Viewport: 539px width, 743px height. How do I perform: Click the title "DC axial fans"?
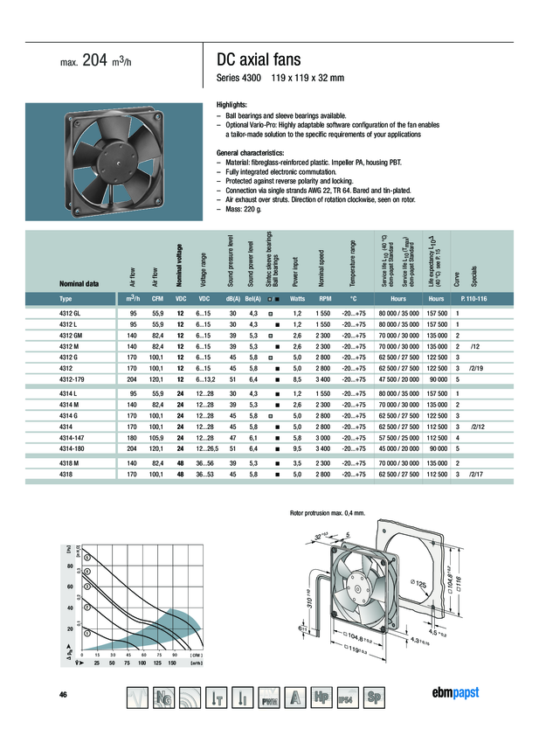(x=258, y=59)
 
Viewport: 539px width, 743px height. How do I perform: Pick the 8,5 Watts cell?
(x=296, y=379)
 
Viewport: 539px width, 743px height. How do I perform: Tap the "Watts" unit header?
(x=296, y=299)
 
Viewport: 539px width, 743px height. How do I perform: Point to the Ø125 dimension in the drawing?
(x=417, y=584)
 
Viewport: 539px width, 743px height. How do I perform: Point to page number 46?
(x=63, y=694)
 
